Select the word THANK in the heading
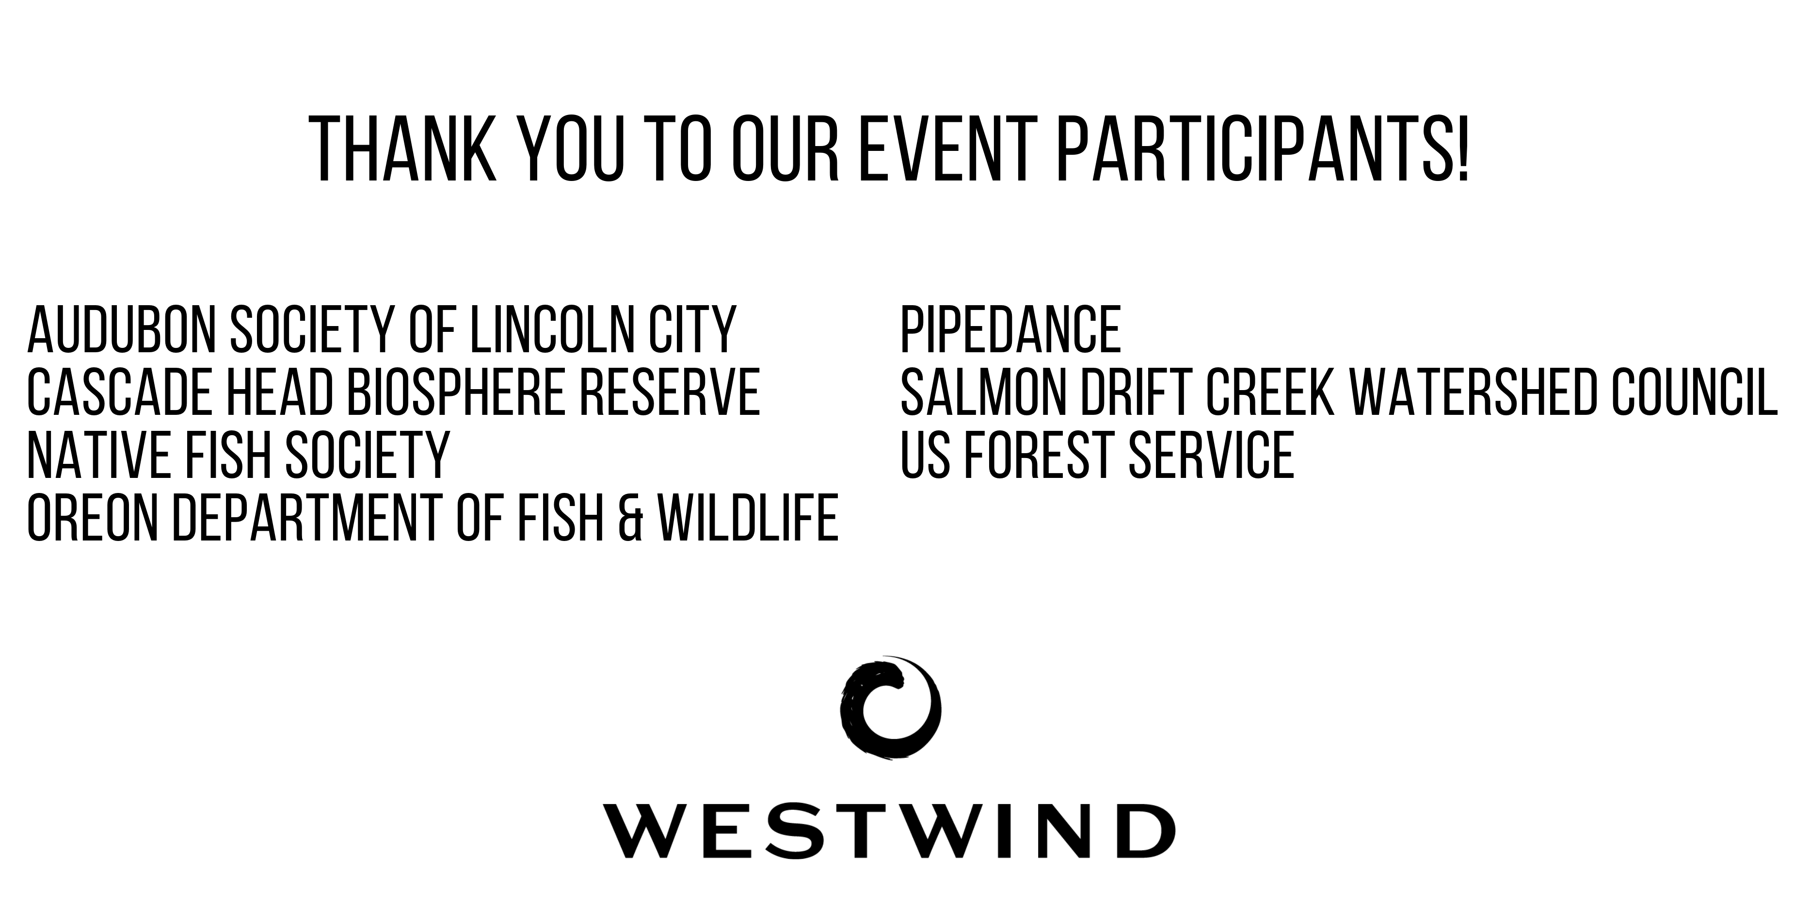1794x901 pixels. pos(402,150)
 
